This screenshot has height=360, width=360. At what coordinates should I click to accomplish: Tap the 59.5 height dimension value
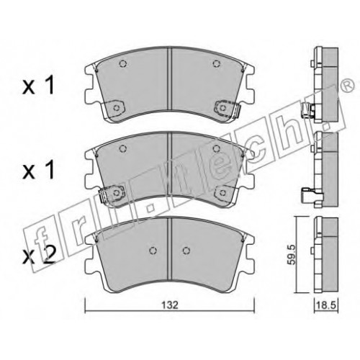coord(292,255)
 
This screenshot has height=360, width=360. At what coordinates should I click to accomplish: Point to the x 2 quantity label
coord(39,256)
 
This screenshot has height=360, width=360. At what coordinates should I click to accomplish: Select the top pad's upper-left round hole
coord(123,63)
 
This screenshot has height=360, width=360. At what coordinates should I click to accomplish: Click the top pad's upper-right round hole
coord(217,63)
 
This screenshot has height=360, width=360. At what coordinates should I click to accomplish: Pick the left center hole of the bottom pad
coord(153,251)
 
